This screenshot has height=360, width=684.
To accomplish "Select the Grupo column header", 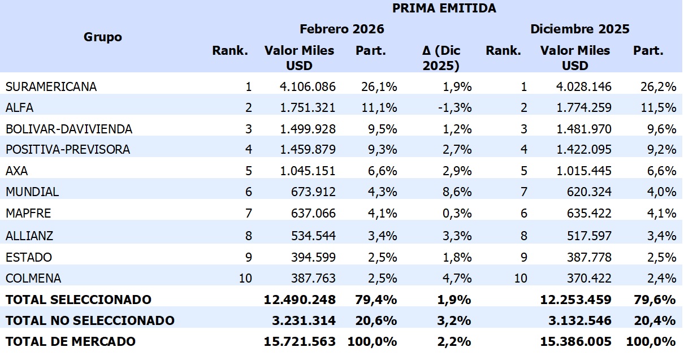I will click(103, 37).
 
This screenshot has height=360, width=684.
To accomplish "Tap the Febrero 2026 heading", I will click(341, 29).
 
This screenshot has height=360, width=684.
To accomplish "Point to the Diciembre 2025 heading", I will click(579, 29).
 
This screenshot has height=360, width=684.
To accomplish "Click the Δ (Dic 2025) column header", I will click(441, 58).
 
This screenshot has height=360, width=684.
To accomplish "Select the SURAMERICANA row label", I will click(51, 86).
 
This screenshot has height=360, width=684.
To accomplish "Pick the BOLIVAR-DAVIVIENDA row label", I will click(69, 129).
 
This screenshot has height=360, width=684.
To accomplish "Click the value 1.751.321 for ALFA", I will click(308, 108).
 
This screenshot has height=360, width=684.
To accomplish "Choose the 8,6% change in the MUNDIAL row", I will click(457, 192).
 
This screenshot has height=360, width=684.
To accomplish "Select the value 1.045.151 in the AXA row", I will click(308, 171).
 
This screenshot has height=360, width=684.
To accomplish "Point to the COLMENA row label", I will click(33, 278).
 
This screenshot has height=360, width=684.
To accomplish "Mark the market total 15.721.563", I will click(300, 342).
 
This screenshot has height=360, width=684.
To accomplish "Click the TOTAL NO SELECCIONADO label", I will click(90, 320).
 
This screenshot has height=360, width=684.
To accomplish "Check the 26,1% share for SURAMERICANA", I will click(379, 86).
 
